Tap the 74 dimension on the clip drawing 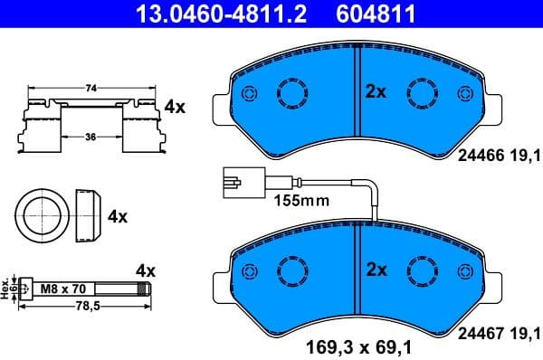click(90, 90)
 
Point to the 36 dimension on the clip click(90, 137)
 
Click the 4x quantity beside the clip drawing click(174, 107)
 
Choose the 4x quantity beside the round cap click(118, 217)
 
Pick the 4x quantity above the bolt click(145, 270)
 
